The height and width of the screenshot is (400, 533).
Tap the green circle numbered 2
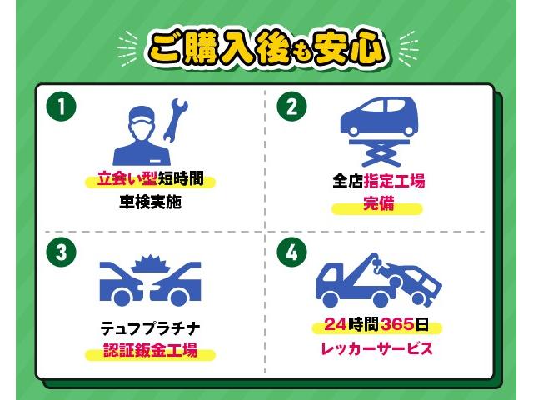click(x=291, y=107)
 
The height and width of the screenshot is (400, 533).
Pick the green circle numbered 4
click(x=291, y=252)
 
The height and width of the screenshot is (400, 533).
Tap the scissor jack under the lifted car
click(x=380, y=153)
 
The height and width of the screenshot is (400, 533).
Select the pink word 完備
click(x=378, y=206)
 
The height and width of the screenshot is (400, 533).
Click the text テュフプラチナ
click(x=150, y=326)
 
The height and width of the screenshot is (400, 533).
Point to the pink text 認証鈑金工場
click(x=150, y=351)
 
